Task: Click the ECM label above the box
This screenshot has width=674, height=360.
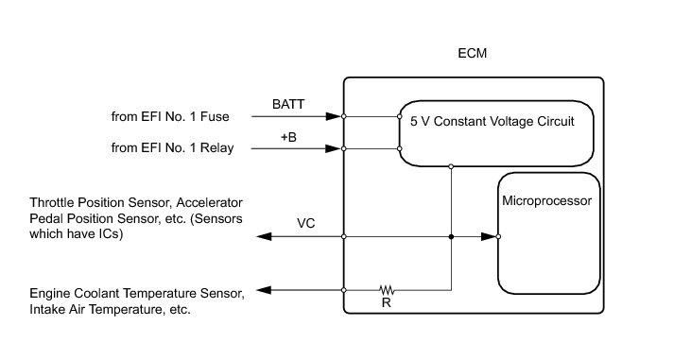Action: point(472,53)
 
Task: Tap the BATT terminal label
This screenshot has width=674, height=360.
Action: point(288,104)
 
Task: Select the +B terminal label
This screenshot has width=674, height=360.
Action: point(288,137)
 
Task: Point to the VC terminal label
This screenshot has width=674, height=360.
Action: point(305,223)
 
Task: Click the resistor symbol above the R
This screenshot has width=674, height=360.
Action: point(387,290)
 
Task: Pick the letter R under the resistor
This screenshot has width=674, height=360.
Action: point(386,303)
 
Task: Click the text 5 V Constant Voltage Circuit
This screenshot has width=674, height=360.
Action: point(493,121)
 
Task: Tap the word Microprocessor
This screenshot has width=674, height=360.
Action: point(546,200)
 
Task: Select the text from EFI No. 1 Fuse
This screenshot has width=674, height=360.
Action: point(170,116)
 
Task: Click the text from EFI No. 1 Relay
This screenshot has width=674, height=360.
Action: point(172,147)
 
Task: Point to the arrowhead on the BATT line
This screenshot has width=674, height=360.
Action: point(333,116)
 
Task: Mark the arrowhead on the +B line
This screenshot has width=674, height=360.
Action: point(333,148)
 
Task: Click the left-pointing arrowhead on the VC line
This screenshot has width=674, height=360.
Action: point(264,236)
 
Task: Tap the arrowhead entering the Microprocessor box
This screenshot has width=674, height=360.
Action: point(489,236)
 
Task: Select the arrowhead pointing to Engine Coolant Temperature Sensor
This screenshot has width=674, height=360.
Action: point(264,290)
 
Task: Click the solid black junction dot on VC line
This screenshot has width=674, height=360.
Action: point(451,236)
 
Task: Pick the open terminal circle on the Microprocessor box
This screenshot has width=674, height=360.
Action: point(498,236)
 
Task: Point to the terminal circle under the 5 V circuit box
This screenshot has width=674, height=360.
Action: point(451,166)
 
